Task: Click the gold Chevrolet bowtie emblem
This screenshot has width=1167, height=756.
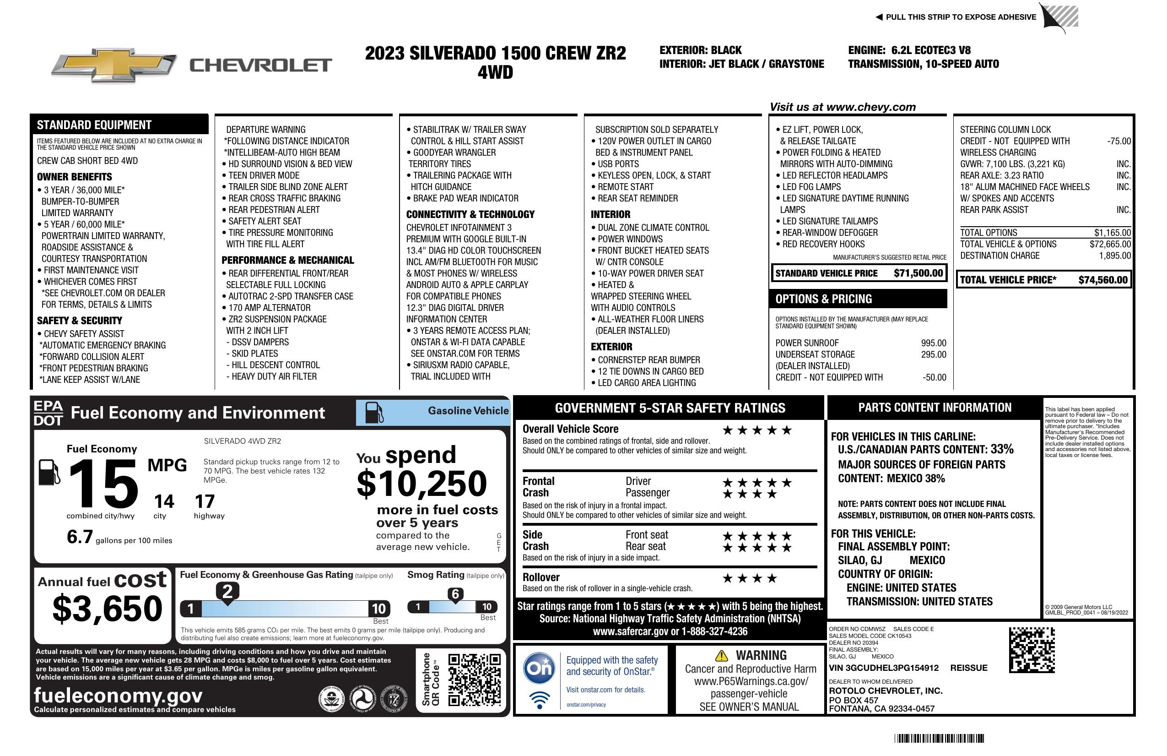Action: [x=114, y=65]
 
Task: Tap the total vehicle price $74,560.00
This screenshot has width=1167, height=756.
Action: [x=1103, y=280]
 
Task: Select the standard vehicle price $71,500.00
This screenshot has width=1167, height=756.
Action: [x=918, y=273]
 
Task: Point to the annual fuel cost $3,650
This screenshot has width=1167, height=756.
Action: [x=108, y=609]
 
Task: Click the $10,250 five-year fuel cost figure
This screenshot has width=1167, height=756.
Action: [x=421, y=484]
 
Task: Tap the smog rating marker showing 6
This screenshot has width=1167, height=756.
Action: [x=455, y=594]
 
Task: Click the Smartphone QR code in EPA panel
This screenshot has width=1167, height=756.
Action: [x=474, y=680]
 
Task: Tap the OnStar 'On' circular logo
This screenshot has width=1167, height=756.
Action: [x=539, y=668]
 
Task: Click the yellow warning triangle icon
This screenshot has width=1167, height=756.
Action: [x=721, y=656]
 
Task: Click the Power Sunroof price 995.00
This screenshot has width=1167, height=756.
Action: [x=933, y=343]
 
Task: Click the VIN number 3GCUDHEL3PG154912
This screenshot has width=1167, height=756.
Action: [x=884, y=668]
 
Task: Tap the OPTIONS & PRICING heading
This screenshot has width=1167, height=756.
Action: [x=823, y=299]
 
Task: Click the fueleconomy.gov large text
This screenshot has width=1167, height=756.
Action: [x=118, y=696]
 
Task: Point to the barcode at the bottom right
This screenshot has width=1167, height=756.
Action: [x=939, y=738]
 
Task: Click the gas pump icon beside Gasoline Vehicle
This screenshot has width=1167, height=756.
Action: [x=374, y=413]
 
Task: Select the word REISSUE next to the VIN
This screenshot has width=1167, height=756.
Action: [x=968, y=668]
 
